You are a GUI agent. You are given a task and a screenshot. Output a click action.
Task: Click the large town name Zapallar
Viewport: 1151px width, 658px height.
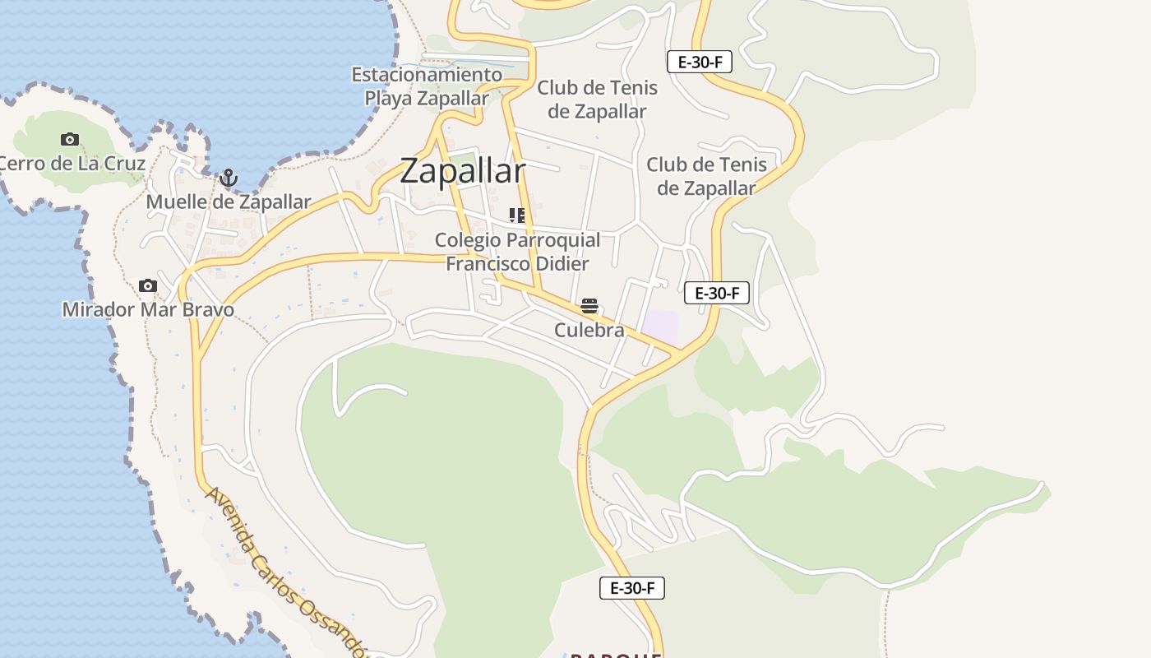click(x=462, y=171)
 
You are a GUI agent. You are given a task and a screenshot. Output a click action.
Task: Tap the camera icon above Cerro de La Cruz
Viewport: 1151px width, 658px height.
click(x=70, y=140)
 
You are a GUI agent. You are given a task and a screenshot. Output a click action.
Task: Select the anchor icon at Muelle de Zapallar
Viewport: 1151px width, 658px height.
click(x=228, y=178)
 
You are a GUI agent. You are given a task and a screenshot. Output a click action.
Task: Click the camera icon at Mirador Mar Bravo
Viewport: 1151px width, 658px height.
click(x=148, y=286)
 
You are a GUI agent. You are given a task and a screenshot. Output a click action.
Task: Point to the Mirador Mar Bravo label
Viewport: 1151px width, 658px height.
click(x=148, y=310)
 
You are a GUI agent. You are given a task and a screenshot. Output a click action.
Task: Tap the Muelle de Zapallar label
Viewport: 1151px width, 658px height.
click(x=228, y=202)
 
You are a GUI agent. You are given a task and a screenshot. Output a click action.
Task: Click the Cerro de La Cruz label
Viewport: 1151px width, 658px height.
click(x=72, y=163)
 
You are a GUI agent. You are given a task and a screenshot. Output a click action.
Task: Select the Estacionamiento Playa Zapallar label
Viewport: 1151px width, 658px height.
click(x=427, y=86)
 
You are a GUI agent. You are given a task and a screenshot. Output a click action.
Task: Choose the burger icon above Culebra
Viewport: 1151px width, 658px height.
click(x=589, y=307)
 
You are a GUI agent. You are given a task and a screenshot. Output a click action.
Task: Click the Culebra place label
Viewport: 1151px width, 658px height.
click(x=589, y=331)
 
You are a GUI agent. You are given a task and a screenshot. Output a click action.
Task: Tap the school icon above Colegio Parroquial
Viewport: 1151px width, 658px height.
click(x=517, y=215)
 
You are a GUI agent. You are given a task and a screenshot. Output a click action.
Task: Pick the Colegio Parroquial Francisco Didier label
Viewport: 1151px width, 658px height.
click(x=517, y=252)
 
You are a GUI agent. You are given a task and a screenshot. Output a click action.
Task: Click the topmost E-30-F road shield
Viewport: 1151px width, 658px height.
click(x=699, y=62)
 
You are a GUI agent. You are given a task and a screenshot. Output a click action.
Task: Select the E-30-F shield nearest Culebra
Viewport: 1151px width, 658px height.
click(x=717, y=293)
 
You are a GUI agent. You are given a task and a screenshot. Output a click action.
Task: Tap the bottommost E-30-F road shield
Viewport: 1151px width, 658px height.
click(x=631, y=588)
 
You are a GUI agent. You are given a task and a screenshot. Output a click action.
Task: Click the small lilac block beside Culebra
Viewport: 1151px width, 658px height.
click(x=660, y=327)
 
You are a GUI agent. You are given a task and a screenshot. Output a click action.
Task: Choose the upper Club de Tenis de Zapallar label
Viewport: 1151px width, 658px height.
click(x=597, y=99)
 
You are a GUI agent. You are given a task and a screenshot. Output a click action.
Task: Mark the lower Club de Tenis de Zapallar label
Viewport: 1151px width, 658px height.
click(x=706, y=176)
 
